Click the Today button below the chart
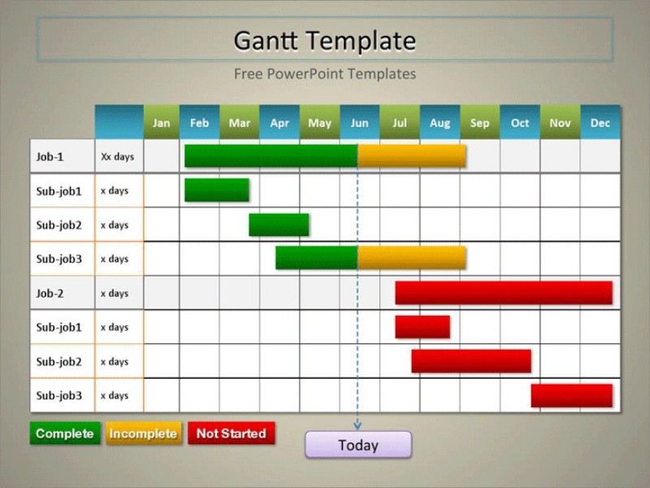coord(358,445)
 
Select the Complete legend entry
coord(65,434)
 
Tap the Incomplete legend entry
coord(143,434)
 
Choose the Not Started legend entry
coord(232,434)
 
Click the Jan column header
coord(162,123)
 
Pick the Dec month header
coord(600,123)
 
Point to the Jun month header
coord(359,123)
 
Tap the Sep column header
coord(479,123)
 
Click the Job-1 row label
coord(50,156)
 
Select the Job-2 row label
coord(50,293)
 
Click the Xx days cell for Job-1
coord(117,156)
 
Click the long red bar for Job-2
coord(504,293)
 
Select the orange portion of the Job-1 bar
coord(412,156)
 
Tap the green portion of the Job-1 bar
coord(271,156)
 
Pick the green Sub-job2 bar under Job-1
coord(279,224)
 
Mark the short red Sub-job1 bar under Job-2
coord(422,327)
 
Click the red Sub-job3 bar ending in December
coord(571,395)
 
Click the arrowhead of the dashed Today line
coord(357,425)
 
